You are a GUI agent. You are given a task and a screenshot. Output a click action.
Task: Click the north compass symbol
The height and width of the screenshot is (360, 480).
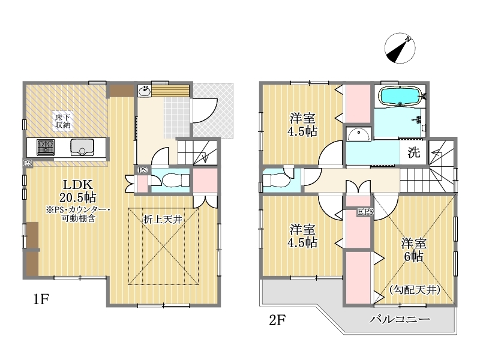pos(400,49)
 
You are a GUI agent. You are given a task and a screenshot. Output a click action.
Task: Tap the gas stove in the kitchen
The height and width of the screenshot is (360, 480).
pos(46,147)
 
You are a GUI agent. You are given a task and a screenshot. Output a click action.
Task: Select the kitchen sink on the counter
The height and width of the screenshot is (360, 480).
pos(82,147)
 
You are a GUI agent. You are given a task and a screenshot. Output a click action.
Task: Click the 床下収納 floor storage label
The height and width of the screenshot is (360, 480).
pos(63,121)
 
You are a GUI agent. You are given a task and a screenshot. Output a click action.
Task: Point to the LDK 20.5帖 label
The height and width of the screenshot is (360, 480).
pos(78,191)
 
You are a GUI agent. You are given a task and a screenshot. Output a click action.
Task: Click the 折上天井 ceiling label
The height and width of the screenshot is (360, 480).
pos(163,219)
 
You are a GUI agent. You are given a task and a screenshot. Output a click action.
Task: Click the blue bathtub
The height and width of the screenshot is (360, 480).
pos(400,96)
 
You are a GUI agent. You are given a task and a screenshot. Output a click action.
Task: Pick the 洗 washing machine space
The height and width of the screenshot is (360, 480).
pos(413,152)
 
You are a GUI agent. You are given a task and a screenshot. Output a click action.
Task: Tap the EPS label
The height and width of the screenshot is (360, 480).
pos(365,212)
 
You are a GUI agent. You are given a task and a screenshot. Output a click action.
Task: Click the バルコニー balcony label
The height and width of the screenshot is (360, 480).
pos(400,319)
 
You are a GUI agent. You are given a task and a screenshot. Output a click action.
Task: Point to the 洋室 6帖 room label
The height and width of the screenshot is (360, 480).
pos(413,250)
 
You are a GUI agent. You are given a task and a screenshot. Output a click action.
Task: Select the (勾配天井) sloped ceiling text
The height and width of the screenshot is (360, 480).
pos(415,290)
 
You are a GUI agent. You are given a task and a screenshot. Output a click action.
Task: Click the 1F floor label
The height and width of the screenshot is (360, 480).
pos(41,299)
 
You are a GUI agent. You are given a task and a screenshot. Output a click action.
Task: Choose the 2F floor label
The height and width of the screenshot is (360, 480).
pos(277,320)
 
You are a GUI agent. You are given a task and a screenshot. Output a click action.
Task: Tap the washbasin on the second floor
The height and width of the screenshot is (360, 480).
pos(358,134)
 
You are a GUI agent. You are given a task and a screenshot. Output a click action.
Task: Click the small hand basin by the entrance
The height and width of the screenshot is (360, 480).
pos(143,91)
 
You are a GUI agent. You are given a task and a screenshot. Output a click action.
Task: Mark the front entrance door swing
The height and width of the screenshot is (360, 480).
pos(205,110)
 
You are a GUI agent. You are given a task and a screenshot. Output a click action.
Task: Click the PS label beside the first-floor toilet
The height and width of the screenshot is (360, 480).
pos(143,170)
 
